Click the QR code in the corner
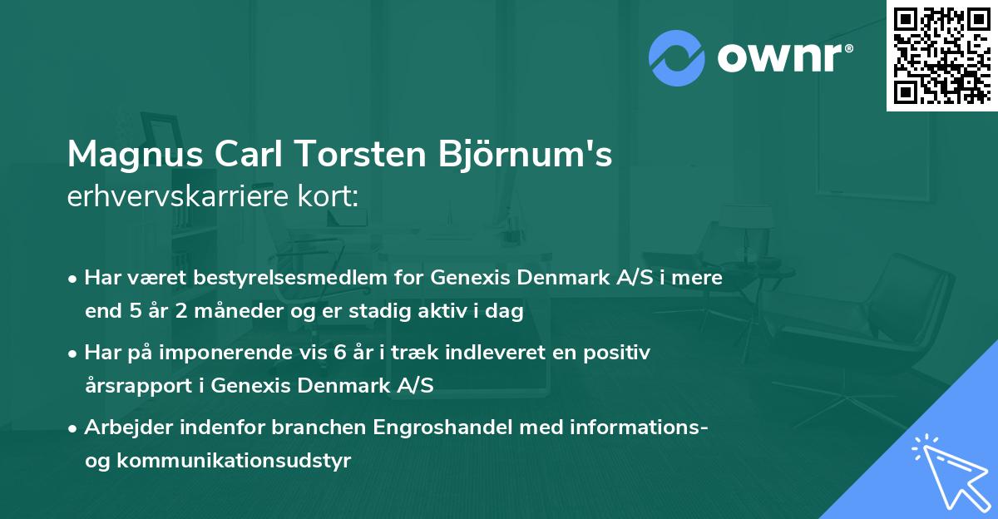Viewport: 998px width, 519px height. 942,55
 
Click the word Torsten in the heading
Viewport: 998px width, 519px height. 369,155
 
